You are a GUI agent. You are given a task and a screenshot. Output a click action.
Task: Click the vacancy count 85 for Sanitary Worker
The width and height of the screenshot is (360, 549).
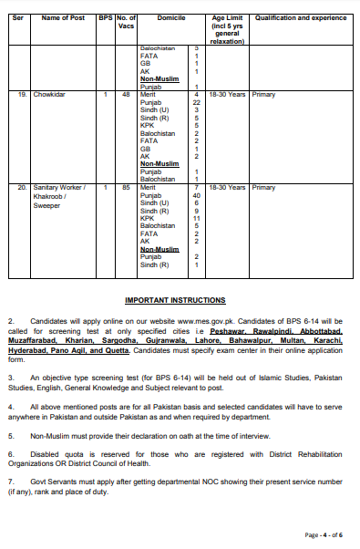coord(127,187)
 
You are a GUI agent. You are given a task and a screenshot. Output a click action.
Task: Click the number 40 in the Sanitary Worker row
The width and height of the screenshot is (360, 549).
coord(196,195)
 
